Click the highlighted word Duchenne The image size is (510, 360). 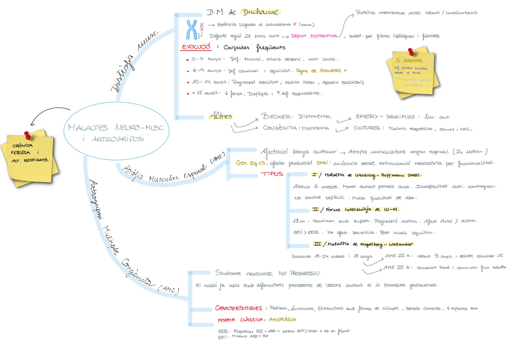tap(260, 11)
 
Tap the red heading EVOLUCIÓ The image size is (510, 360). tap(196, 47)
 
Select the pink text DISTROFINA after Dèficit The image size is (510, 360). tap(318, 36)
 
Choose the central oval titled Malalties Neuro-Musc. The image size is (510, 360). tap(118, 133)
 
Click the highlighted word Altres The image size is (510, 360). tap(220, 116)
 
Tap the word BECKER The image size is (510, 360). tap(276, 117)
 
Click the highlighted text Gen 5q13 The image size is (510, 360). tap(251, 162)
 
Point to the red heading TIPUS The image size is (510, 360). tap(272, 174)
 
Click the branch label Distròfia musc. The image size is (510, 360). tap(132, 62)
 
